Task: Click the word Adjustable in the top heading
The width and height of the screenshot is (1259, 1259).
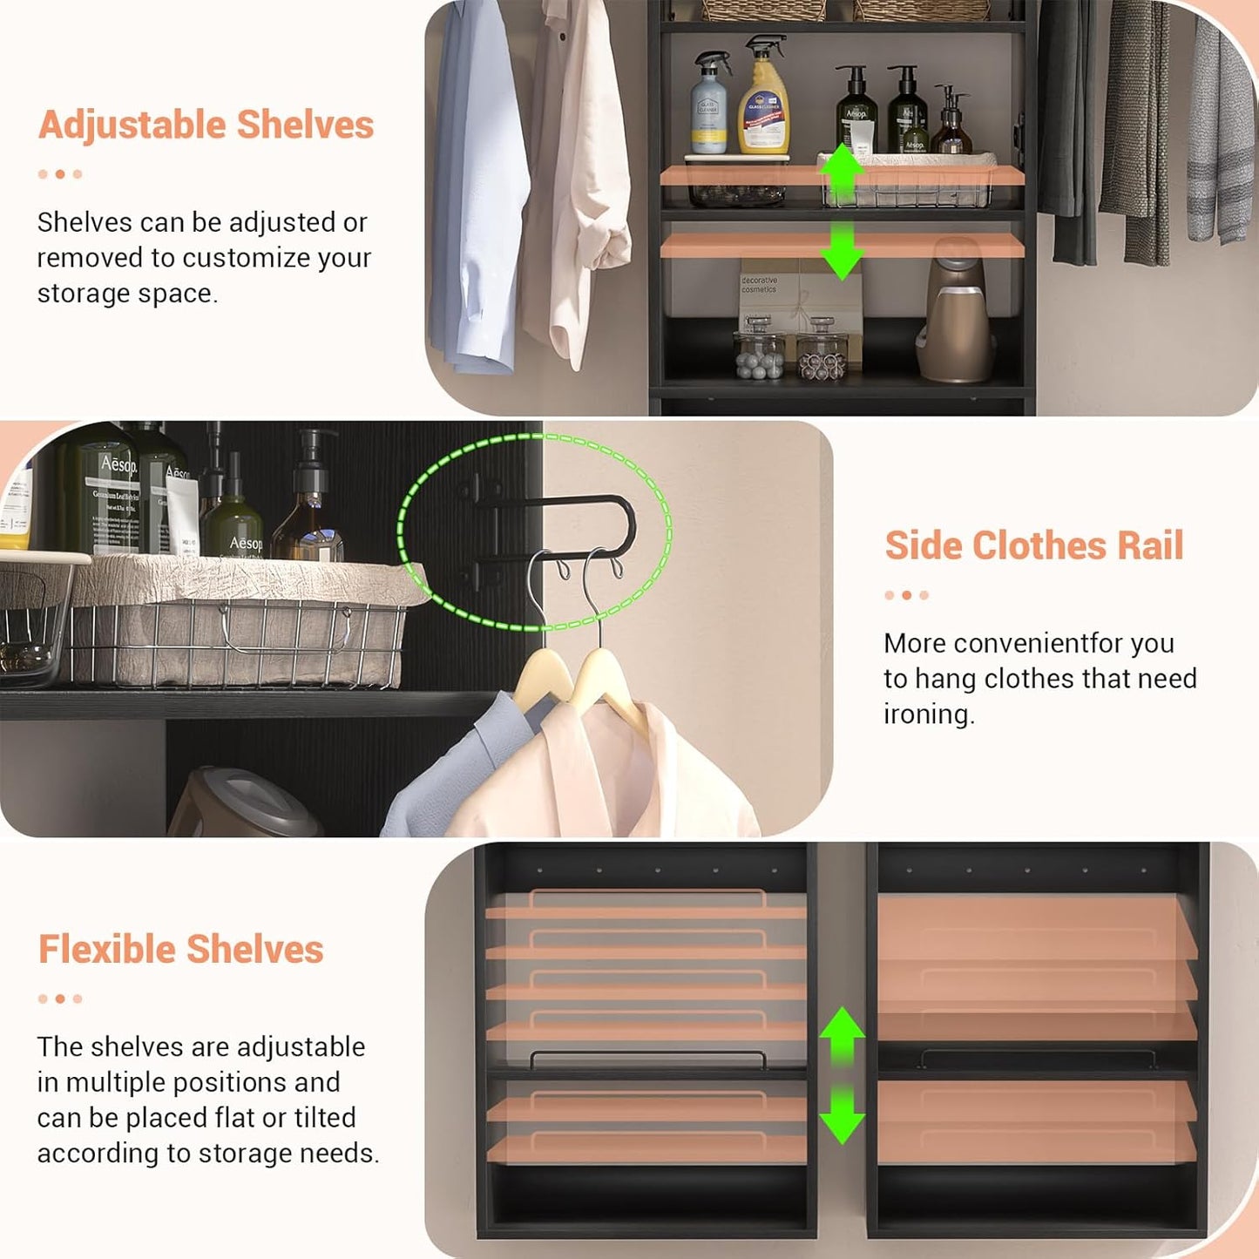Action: coord(133,125)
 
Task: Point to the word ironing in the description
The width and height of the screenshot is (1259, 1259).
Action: coord(928,714)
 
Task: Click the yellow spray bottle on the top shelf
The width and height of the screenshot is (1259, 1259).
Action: coord(763,100)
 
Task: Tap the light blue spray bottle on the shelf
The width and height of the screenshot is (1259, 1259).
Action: coord(710,105)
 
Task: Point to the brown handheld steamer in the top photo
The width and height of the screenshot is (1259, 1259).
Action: coord(957,314)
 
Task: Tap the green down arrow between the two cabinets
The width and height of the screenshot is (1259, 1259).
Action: coord(842,1115)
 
